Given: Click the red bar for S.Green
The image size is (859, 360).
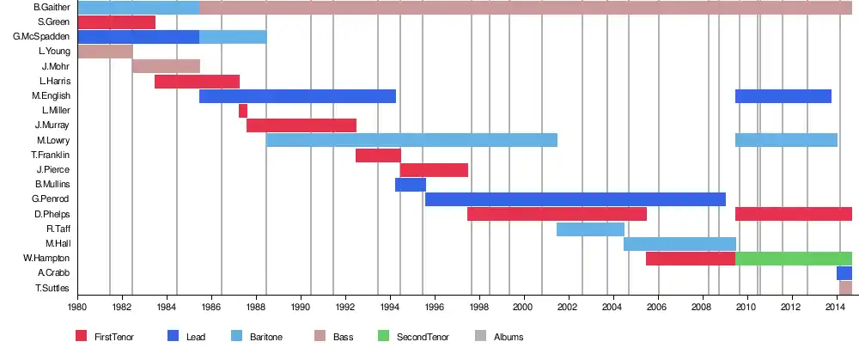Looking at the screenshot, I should pos(117,22).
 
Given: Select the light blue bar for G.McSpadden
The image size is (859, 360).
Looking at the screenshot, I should pos(233,37).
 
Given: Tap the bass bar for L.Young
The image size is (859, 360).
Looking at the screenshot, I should pos(105,52).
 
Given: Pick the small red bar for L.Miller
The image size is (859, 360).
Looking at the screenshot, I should pos(243,111).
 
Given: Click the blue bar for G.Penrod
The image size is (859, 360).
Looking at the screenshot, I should pos(576,199).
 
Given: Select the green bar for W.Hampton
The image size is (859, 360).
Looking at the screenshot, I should pos(794,259).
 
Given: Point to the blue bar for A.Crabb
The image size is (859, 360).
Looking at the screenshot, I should pos(844,273).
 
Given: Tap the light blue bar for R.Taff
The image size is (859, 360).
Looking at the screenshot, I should pos(590,229).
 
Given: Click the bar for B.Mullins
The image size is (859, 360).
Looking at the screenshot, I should pos(411,185).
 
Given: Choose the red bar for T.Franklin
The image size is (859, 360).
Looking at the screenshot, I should pos(378,156).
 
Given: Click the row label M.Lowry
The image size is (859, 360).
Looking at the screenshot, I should pos(53,140).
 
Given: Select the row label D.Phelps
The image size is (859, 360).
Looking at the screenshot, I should pos(52,214).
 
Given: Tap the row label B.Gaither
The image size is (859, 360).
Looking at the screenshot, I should pos(52,8).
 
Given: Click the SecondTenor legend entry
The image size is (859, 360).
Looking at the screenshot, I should pos(419,337).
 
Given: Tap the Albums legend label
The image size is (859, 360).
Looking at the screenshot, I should pos(509,337).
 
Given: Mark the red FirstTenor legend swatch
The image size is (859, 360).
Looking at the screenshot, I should pos(82,336).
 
